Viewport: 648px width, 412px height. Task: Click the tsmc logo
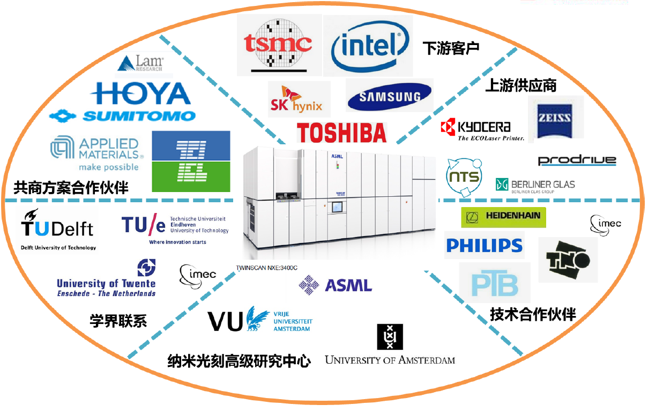[278, 45]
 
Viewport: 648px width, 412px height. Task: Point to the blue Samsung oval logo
[389, 97]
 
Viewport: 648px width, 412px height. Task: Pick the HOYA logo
[140, 93]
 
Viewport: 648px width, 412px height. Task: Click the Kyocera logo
[476, 130]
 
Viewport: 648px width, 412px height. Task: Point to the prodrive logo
[577, 160]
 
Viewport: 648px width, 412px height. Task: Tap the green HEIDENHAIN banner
[503, 217]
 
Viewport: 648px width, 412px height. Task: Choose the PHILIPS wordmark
[484, 246]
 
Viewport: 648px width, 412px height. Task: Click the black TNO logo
[568, 260]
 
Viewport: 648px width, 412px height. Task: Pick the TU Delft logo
[58, 229]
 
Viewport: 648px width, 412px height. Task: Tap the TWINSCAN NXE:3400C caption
[266, 267]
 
